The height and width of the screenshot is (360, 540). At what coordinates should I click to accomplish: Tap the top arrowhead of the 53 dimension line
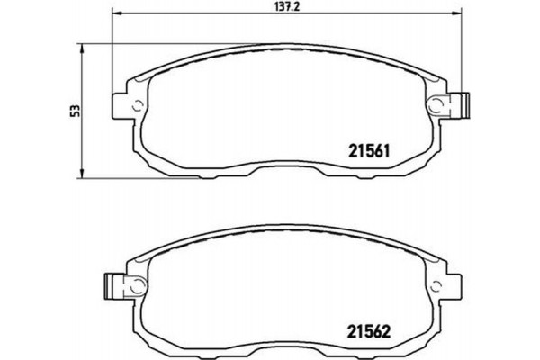coord(84,45)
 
